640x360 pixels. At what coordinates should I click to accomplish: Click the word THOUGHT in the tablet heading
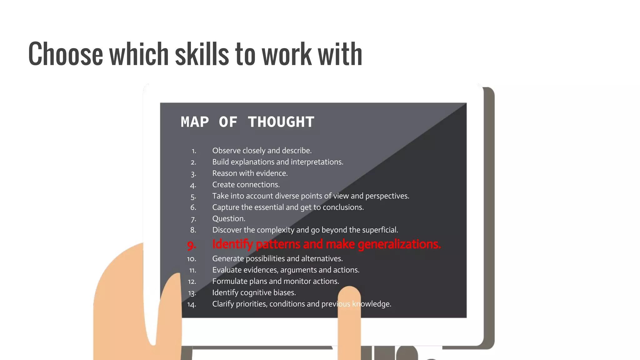click(x=281, y=122)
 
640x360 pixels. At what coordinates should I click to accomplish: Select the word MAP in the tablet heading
click(x=195, y=122)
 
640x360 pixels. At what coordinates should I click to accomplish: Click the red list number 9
click(x=192, y=245)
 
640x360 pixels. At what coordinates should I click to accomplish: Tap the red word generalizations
click(x=399, y=244)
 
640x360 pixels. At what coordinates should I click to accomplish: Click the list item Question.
click(x=228, y=219)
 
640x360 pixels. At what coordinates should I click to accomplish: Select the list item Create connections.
click(x=246, y=185)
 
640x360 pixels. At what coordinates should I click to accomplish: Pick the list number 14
click(x=192, y=304)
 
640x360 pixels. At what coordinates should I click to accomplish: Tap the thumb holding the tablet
click(x=170, y=297)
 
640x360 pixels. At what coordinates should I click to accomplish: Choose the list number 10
click(x=192, y=259)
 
